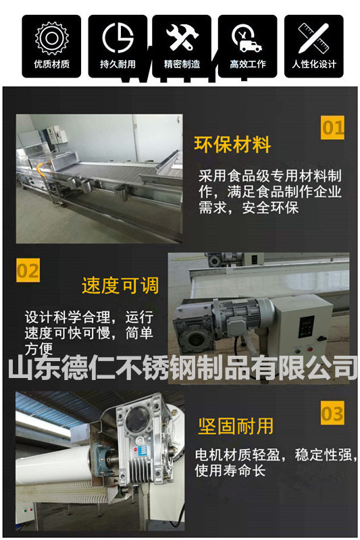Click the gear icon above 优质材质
[x=52, y=38]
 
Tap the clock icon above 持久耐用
[x=118, y=38]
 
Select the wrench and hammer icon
[x=182, y=38]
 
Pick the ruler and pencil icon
[x=313, y=38]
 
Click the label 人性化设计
[x=314, y=64]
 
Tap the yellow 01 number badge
[x=332, y=128]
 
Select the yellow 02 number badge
[x=28, y=271]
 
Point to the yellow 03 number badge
[x=332, y=413]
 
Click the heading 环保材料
[x=232, y=144]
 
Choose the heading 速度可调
[x=120, y=286]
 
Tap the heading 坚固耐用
[x=236, y=427]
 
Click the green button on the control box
[x=298, y=351]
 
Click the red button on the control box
[x=310, y=349]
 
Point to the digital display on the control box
[x=306, y=325]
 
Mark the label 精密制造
[x=182, y=64]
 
